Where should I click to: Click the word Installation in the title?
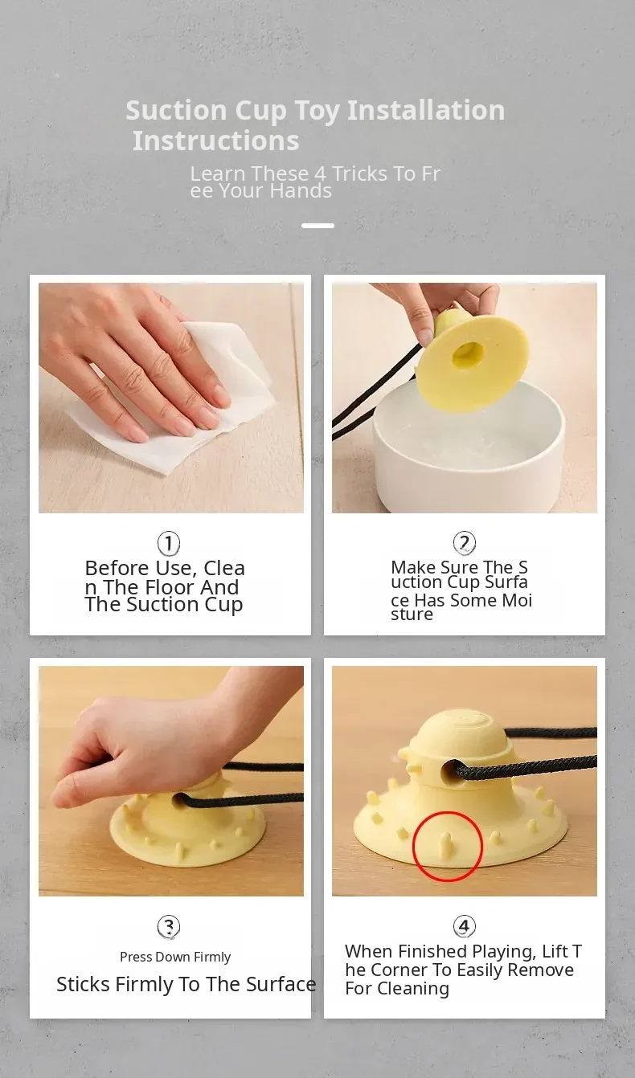click(x=425, y=110)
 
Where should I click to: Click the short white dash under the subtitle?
click(x=317, y=226)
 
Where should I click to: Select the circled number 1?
click(x=169, y=543)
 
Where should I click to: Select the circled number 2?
click(x=464, y=543)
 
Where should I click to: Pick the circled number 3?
click(x=169, y=926)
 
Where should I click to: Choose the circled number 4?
click(x=464, y=926)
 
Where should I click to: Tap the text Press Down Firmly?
click(x=175, y=957)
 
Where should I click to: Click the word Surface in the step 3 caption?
click(x=281, y=984)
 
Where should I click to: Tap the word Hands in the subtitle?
click(x=301, y=190)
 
